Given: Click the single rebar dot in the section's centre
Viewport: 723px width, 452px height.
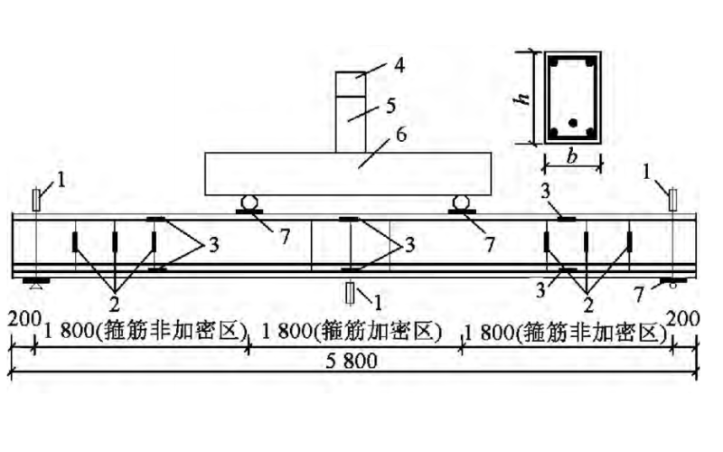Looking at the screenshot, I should click(x=572, y=123).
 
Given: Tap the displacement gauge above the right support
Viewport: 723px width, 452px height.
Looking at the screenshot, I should click(x=672, y=198).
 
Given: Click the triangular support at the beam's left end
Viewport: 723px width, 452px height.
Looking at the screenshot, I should click(x=33, y=284).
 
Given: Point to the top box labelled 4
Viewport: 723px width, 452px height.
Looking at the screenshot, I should click(x=352, y=83).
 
